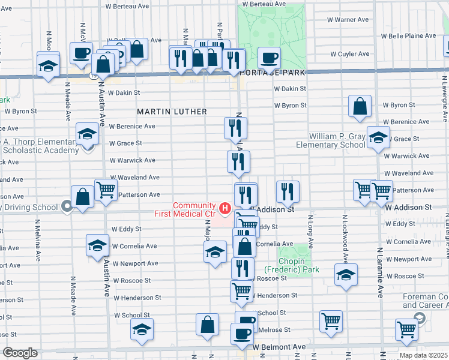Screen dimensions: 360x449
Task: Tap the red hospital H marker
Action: point(225,209)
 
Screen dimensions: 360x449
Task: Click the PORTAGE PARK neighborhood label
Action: point(272,72)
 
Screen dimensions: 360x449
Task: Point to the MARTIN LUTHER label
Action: point(172,112)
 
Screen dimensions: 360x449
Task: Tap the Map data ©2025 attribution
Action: point(423,355)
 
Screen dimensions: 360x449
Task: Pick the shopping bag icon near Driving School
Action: point(82,196)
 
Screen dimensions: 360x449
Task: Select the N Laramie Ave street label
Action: point(379,273)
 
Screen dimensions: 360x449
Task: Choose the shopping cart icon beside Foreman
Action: point(407,329)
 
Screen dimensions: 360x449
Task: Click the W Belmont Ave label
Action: point(279,347)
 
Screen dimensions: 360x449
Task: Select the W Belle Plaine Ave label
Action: point(411,36)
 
